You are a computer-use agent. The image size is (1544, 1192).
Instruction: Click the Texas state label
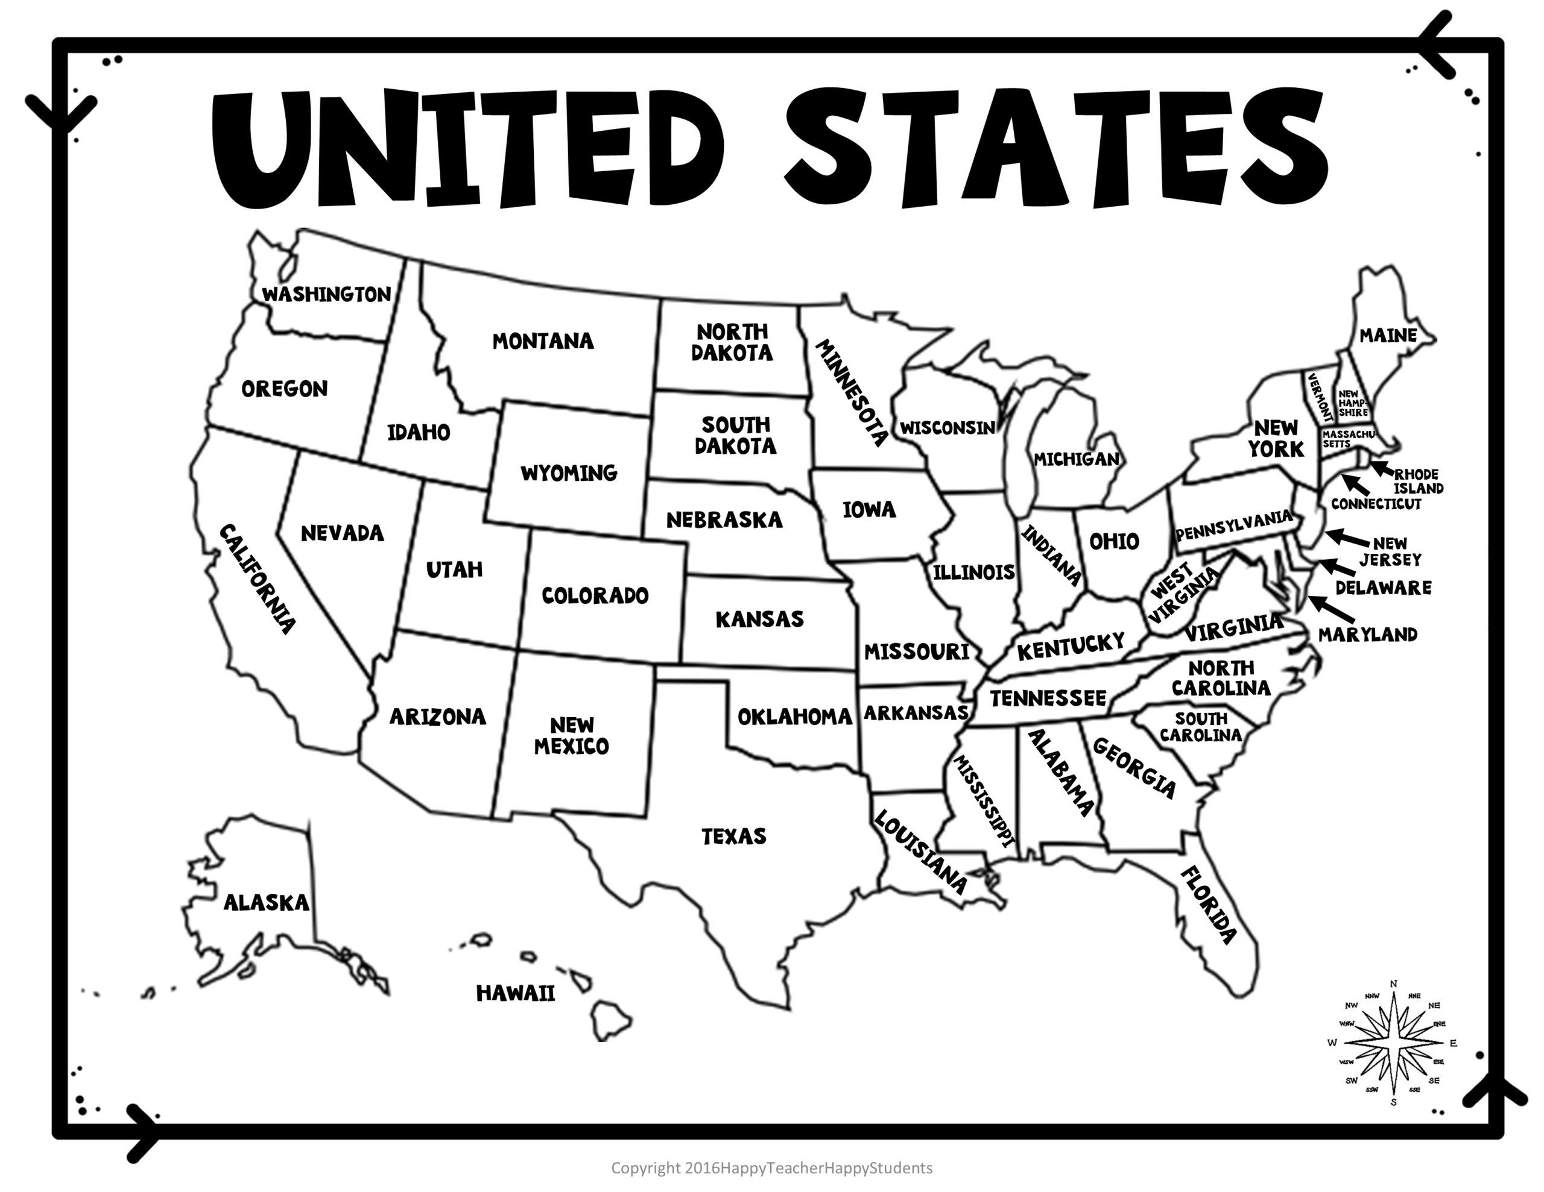pos(734,836)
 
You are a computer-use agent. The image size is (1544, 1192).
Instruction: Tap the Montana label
pos(543,341)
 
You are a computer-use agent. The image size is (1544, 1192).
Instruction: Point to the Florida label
pos(1208,905)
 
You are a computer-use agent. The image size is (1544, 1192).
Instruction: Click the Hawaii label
pos(516,993)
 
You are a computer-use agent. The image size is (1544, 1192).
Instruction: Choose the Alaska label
pos(267,902)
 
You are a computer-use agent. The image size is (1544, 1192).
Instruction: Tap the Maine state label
pos(1388,335)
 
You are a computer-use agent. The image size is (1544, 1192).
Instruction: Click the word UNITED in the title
pos(467,148)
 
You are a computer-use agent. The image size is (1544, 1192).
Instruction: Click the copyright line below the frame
pos(771,1168)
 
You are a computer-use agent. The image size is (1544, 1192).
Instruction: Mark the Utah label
pos(454,569)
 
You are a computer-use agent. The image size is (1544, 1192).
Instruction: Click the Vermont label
pos(1319,397)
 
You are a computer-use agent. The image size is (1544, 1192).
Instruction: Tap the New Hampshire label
pos(1352,403)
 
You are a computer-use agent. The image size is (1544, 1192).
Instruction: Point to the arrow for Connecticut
pos(1356,485)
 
